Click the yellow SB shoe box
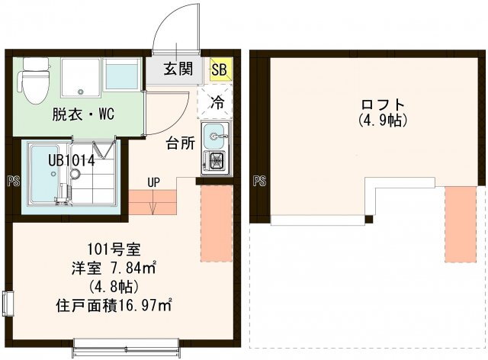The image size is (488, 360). pyautogui.click(x=221, y=69)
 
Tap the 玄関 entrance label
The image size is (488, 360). pyautogui.click(x=178, y=69)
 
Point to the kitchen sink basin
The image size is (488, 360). pyautogui.click(x=214, y=136)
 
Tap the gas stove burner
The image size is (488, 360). pyautogui.click(x=216, y=162)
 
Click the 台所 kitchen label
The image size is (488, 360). pyautogui.click(x=181, y=143)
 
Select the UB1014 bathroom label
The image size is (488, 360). pyautogui.click(x=71, y=161)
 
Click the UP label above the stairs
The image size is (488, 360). pyautogui.click(x=153, y=182)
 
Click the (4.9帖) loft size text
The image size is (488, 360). pyautogui.click(x=383, y=121)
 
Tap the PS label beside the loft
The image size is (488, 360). pyautogui.click(x=259, y=181)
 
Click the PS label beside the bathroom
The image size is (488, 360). pyautogui.click(x=14, y=181)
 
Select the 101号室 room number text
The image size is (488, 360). pyautogui.click(x=114, y=249)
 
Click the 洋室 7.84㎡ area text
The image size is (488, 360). pyautogui.click(x=114, y=268)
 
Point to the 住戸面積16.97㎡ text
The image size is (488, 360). pyautogui.click(x=114, y=306)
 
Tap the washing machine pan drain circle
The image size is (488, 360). pyautogui.click(x=81, y=92)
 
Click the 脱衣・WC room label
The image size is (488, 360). pyautogui.click(x=83, y=114)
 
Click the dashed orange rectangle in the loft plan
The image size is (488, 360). pyautogui.click(x=461, y=224)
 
